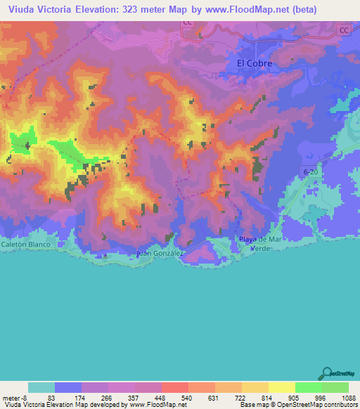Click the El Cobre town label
[254, 63]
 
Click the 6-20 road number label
[311, 171]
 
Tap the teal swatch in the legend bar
[41, 387]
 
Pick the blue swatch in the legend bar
[68, 387]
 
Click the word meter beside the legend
[11, 397]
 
